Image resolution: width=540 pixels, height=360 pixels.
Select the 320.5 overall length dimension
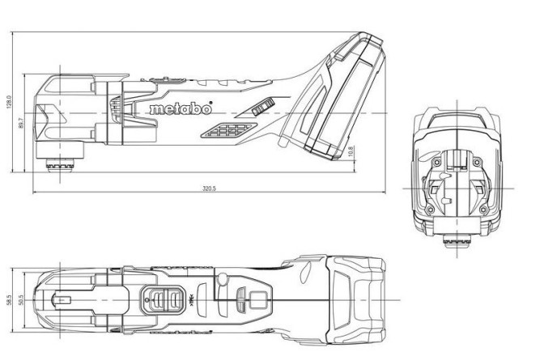click(x=209, y=188)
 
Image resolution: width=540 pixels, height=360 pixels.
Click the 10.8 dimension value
click(x=350, y=152)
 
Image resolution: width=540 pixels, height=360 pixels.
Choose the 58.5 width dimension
click(x=11, y=299)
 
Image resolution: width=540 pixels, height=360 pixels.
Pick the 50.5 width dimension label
click(x=22, y=299)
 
